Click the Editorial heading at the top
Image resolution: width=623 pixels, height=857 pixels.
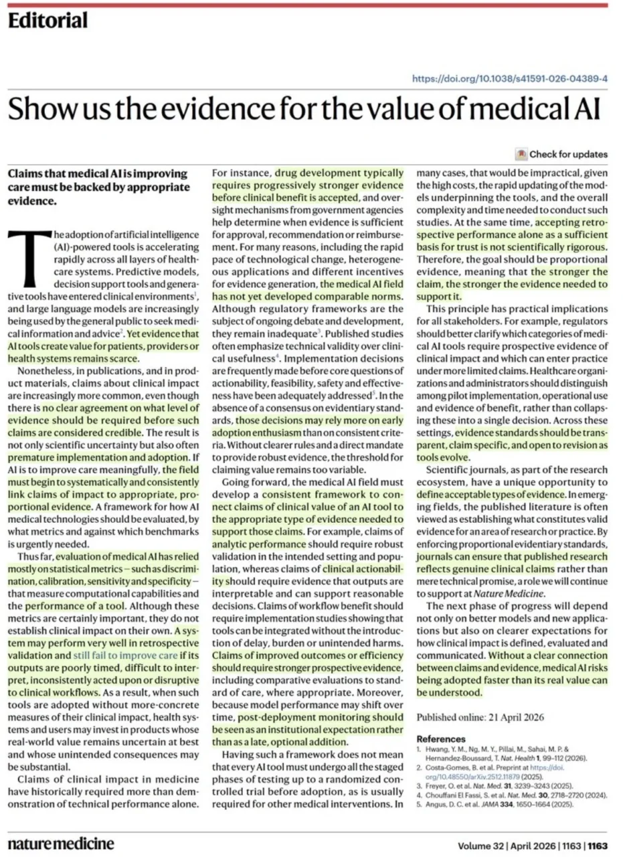48,21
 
